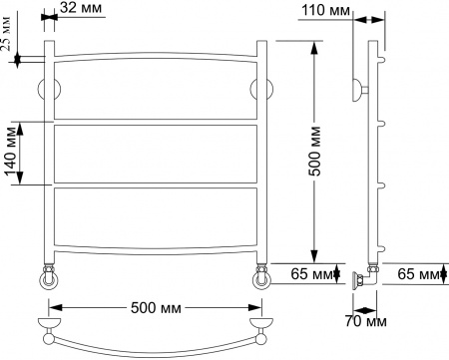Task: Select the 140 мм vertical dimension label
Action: (x=12, y=153)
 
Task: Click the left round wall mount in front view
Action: (x=48, y=89)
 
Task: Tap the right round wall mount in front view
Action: (x=264, y=89)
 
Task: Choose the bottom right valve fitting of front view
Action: (x=261, y=274)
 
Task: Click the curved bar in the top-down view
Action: (x=155, y=345)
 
